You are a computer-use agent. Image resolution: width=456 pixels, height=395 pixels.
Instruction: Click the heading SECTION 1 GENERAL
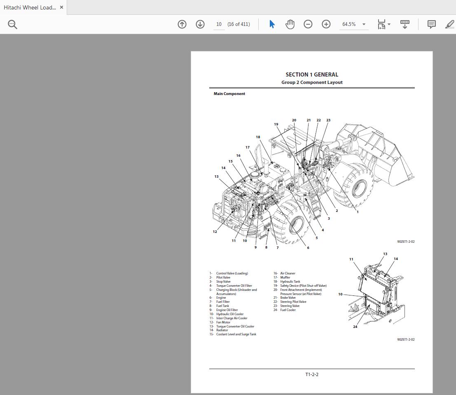[x=312, y=74]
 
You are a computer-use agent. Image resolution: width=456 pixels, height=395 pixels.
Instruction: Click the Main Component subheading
[x=229, y=94]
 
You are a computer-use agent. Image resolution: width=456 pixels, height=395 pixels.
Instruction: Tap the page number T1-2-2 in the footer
[x=312, y=374]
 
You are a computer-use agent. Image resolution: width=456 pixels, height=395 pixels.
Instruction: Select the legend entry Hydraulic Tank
[x=290, y=281]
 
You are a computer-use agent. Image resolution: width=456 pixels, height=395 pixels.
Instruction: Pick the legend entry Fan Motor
[x=223, y=322]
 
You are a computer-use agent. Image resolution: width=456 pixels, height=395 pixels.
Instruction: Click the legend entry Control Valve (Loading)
[x=232, y=273]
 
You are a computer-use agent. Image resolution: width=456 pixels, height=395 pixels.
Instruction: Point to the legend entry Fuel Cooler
[x=288, y=310]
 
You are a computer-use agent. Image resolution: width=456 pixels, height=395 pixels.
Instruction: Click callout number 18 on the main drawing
[x=258, y=137]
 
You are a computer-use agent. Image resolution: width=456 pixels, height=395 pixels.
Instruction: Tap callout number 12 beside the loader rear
[x=215, y=232]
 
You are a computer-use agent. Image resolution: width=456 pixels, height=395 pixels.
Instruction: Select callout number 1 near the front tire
[x=358, y=212]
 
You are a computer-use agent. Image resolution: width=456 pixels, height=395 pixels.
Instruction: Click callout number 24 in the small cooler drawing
[x=355, y=327]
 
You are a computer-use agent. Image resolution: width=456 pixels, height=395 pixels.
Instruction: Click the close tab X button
[x=61, y=7]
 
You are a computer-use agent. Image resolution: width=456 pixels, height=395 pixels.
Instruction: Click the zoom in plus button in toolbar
[x=326, y=24]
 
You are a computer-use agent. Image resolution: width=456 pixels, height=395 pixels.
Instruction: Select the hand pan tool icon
[x=290, y=24]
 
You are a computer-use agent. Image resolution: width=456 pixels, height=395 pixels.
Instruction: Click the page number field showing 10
[x=219, y=24]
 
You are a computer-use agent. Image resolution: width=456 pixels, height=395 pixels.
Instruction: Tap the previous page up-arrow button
[x=182, y=24]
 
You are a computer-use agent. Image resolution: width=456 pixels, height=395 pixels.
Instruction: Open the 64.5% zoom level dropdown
[x=354, y=24]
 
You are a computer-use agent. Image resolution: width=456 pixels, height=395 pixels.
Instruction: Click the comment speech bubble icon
[x=431, y=24]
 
